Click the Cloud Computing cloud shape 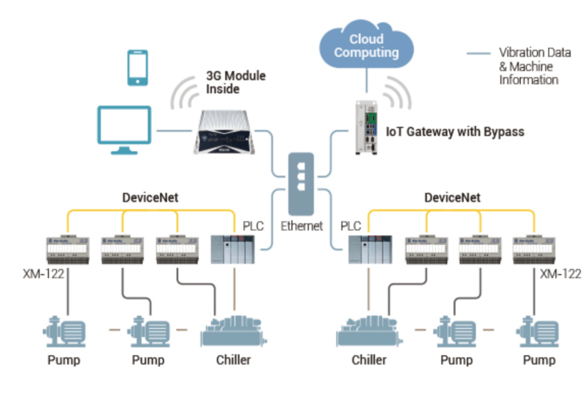pyautogui.click(x=366, y=44)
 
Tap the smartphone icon pyautogui.click(x=138, y=68)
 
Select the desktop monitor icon pyautogui.click(x=124, y=129)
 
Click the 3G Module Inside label pyautogui.click(x=236, y=82)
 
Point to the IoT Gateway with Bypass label pyautogui.click(x=455, y=132)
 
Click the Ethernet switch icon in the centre pyautogui.click(x=301, y=184)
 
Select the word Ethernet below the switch pyautogui.click(x=302, y=226)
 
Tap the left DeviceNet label pyautogui.click(x=150, y=198)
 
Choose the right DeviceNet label pyautogui.click(x=452, y=198)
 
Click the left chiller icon pyautogui.click(x=234, y=331)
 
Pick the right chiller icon pyautogui.click(x=369, y=331)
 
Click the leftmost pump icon pyautogui.click(x=64, y=332)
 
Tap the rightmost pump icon pyautogui.click(x=538, y=332)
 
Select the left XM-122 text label pyautogui.click(x=43, y=274)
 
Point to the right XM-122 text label pyautogui.click(x=561, y=274)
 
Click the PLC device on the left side pyautogui.click(x=233, y=249)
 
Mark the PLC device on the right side pyautogui.click(x=370, y=249)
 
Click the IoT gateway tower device pyautogui.click(x=366, y=127)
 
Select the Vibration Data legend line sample pyautogui.click(x=478, y=54)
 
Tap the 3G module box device pyautogui.click(x=225, y=132)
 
